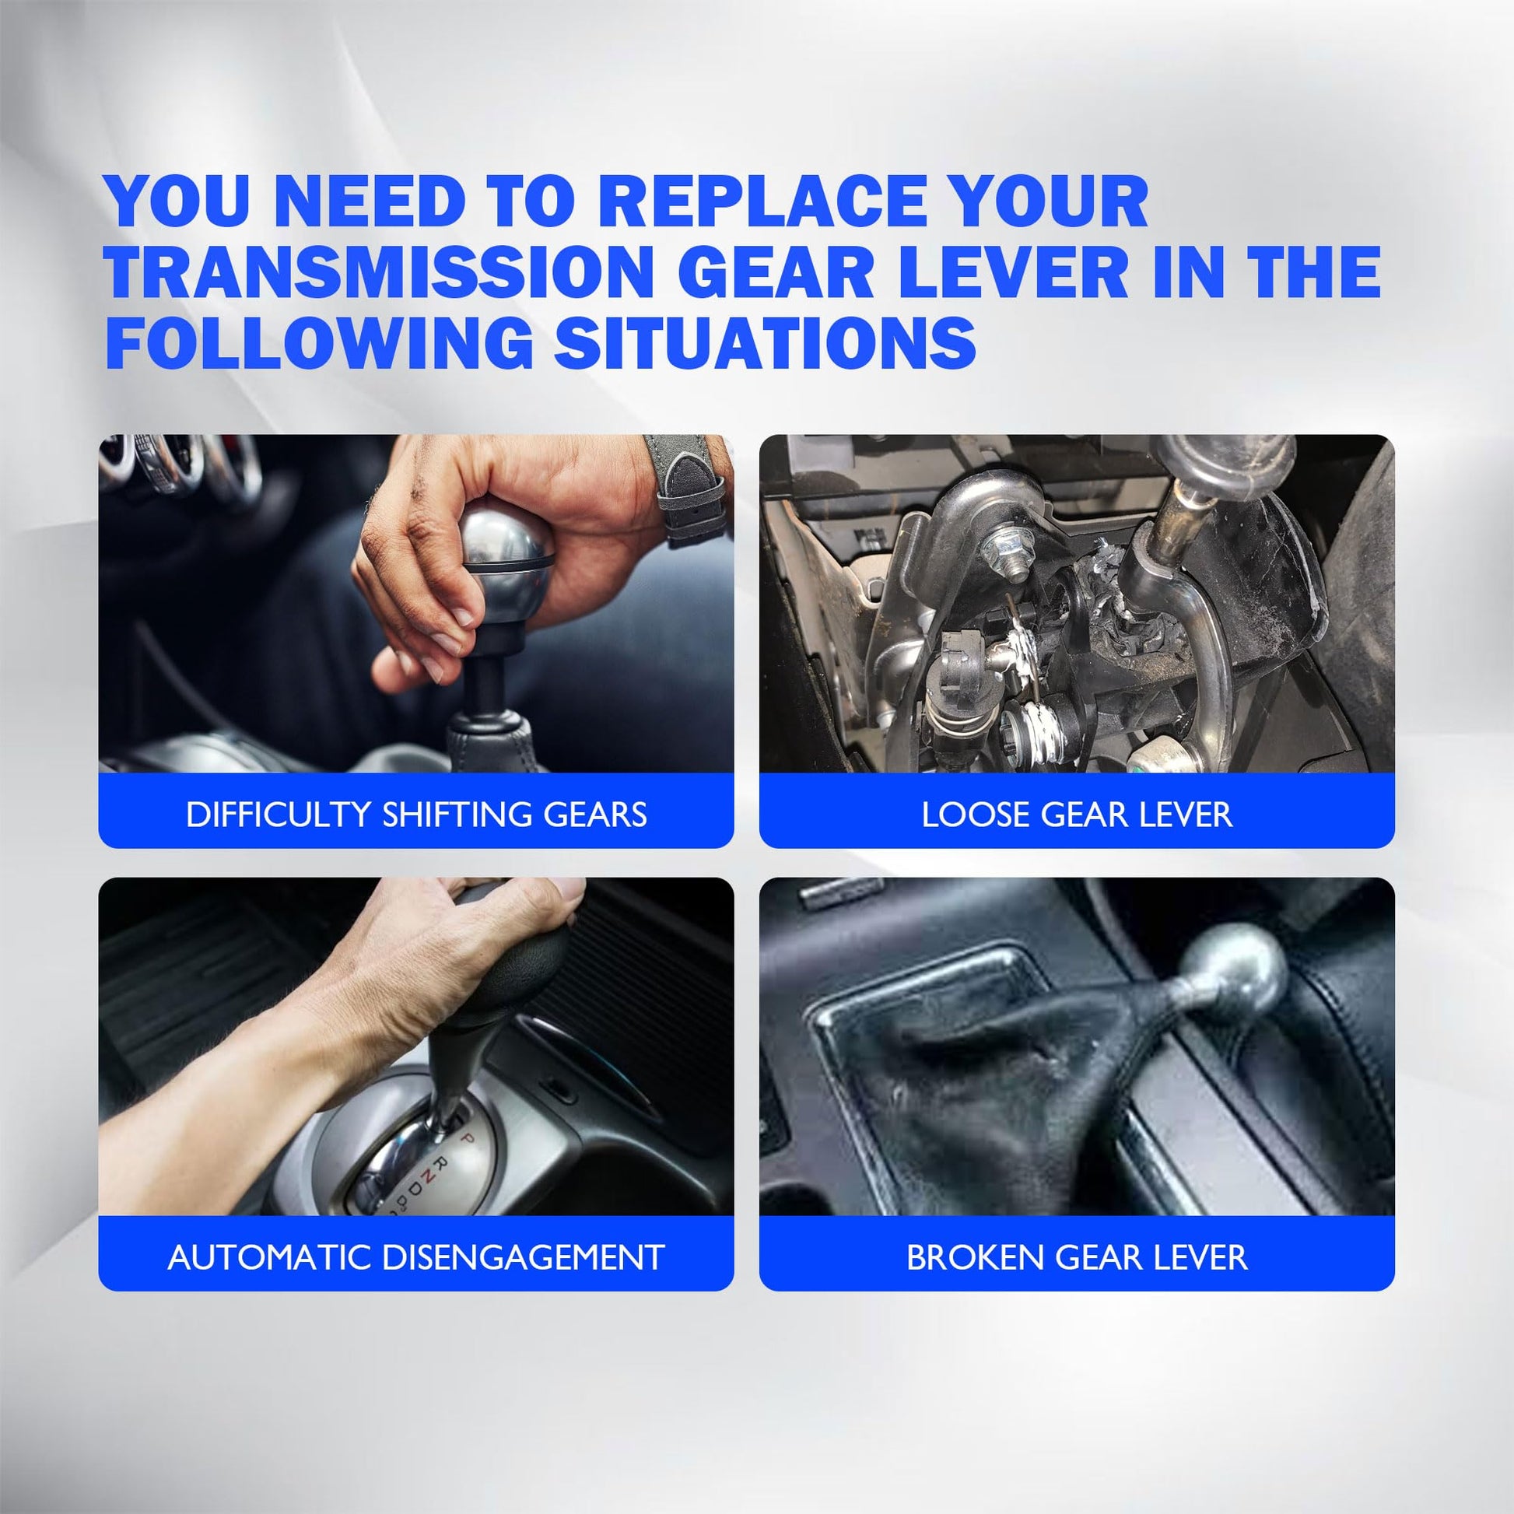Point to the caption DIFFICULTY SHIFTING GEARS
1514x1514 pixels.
pyautogui.click(x=416, y=815)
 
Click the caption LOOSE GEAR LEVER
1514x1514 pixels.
pyautogui.click(x=1077, y=815)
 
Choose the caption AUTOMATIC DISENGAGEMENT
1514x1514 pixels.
pyautogui.click(x=416, y=1258)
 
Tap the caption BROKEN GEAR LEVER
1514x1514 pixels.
pyautogui.click(x=1077, y=1258)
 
